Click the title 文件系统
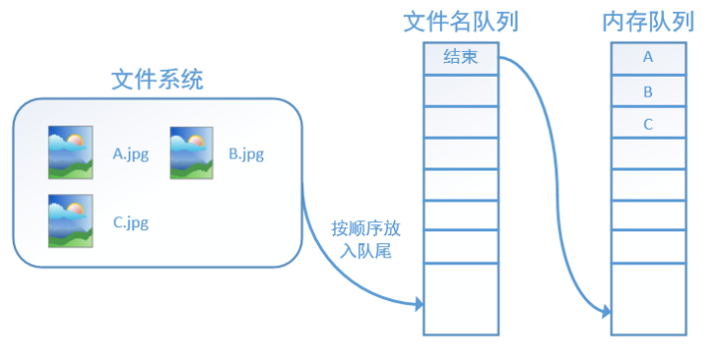[x=157, y=80]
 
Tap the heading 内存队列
[x=647, y=21]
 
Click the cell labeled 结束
[x=459, y=58]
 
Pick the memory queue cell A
[x=648, y=58]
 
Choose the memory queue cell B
[x=648, y=91]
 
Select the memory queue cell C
[x=648, y=124]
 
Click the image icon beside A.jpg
[x=70, y=153]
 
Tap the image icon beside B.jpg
[x=192, y=153]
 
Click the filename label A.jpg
[x=131, y=155]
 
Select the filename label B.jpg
[x=246, y=155]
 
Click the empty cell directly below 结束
[x=459, y=90]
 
